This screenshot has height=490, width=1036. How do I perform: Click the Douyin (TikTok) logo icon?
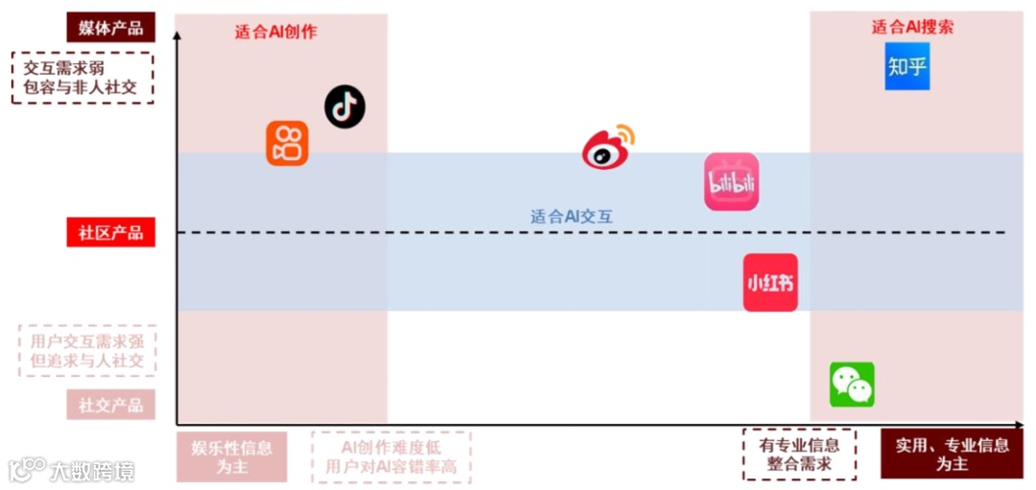click(344, 106)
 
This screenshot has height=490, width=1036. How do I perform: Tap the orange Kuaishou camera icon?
click(287, 143)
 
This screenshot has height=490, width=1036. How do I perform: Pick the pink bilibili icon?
click(731, 182)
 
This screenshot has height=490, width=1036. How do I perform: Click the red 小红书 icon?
click(770, 282)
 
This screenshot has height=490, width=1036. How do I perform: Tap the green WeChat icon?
click(852, 385)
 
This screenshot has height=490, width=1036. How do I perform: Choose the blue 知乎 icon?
click(907, 67)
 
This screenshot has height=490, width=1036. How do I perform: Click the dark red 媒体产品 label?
click(110, 27)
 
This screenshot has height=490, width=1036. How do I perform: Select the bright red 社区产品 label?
click(110, 233)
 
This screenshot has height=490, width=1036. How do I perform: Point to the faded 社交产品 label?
click(110, 405)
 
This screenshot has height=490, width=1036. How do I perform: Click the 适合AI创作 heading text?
click(276, 32)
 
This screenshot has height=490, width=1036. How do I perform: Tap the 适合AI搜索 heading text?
click(912, 27)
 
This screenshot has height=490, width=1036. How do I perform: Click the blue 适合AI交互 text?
click(572, 217)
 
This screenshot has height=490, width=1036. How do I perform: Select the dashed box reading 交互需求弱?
click(82, 78)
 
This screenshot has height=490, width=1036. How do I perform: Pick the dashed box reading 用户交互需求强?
click(87, 350)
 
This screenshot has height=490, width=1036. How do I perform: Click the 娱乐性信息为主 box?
click(231, 456)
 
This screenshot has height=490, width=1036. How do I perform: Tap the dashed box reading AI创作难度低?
click(391, 456)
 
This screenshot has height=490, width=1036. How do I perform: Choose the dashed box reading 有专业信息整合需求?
click(799, 455)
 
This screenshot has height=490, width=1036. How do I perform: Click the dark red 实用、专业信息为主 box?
click(952, 455)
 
